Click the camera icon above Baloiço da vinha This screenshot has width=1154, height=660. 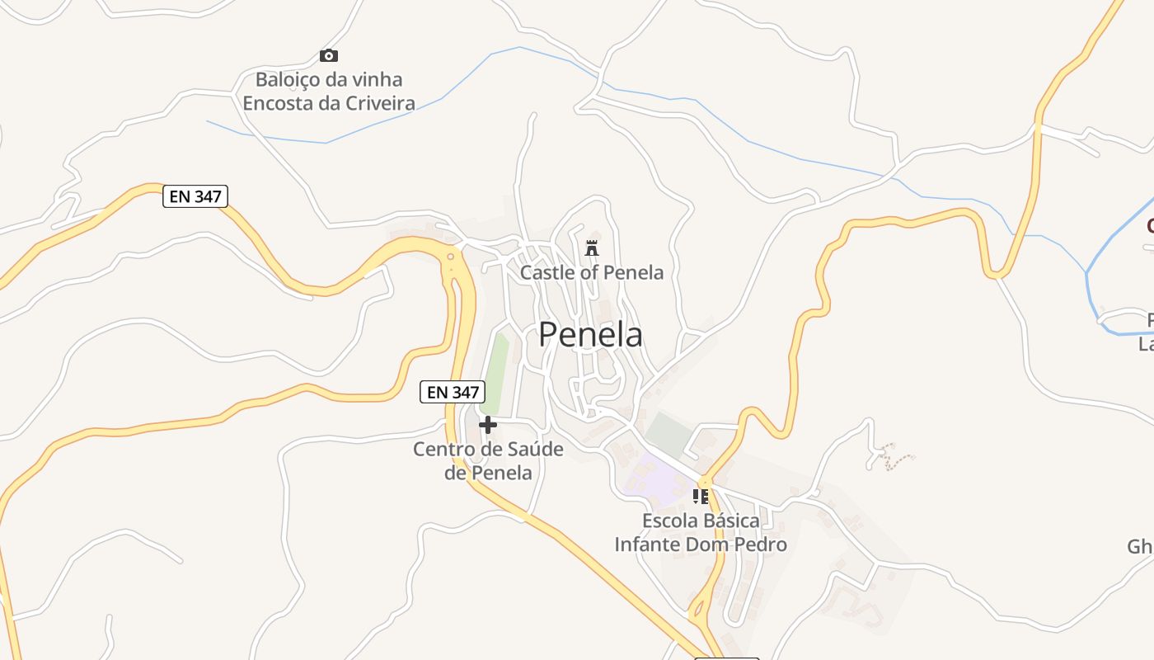(x=329, y=56)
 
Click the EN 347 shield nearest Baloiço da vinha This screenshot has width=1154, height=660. (x=195, y=196)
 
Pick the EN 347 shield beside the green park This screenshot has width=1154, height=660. (x=452, y=392)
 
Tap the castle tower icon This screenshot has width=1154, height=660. (x=591, y=247)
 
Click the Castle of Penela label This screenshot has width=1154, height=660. (x=591, y=272)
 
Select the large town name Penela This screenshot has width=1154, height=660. (x=591, y=335)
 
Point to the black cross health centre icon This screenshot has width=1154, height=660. (x=488, y=425)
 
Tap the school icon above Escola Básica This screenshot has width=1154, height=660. (x=701, y=497)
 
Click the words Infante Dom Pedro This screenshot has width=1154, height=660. (x=701, y=544)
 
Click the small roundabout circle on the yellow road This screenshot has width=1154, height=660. (x=450, y=257)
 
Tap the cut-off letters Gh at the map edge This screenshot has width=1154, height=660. (x=1140, y=547)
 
